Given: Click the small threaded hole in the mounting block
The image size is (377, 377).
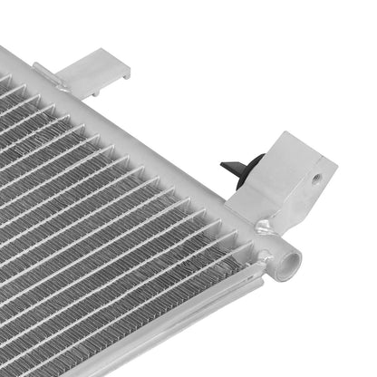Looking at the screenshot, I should pos(314,179).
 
